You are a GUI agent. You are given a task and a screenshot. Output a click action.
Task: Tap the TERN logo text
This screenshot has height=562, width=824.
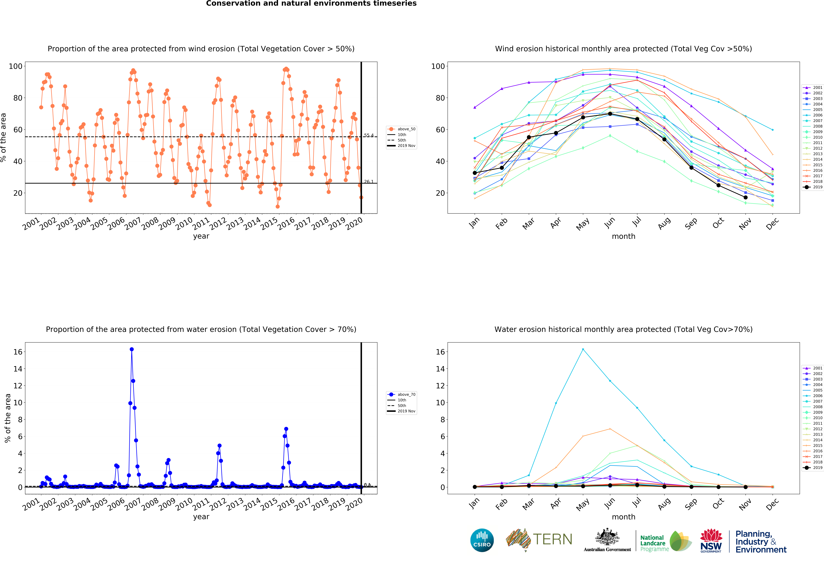click(552, 539)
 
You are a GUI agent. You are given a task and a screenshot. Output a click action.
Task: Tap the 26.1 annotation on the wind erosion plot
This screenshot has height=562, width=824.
click(368, 182)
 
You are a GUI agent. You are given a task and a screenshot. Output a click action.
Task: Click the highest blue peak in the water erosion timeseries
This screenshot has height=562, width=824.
click(132, 349)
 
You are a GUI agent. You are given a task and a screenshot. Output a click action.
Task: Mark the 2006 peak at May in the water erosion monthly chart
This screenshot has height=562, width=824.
click(583, 349)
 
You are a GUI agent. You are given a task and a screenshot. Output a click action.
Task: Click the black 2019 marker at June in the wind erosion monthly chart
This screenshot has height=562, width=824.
click(610, 114)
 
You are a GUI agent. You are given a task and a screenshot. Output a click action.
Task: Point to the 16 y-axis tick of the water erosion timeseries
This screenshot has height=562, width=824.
click(18, 352)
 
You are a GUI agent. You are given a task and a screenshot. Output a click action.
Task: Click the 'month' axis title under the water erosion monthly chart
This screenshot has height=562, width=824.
click(623, 517)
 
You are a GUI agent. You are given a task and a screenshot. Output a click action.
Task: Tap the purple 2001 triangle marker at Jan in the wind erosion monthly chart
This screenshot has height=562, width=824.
click(475, 107)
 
